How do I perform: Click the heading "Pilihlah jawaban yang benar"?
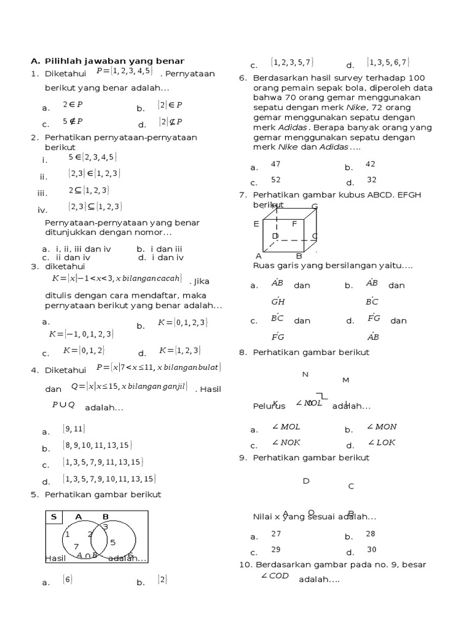point(114,61)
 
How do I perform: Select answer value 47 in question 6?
point(275,164)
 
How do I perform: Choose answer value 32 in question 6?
point(371,180)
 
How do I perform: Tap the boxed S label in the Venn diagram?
point(53,517)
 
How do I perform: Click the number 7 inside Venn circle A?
point(76,546)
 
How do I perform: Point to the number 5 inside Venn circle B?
point(113,542)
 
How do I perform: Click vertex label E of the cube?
point(256,225)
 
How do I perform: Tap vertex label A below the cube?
point(259,256)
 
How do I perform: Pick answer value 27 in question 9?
point(275,534)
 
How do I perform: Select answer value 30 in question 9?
point(371,549)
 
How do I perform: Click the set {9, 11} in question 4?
point(74,429)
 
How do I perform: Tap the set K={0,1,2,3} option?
point(183,322)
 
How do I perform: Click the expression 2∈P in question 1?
point(73,105)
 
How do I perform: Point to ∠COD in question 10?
point(275,576)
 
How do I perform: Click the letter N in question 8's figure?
point(305,375)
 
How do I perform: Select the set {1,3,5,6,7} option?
point(388,62)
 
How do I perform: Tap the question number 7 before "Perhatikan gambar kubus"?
point(242,195)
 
